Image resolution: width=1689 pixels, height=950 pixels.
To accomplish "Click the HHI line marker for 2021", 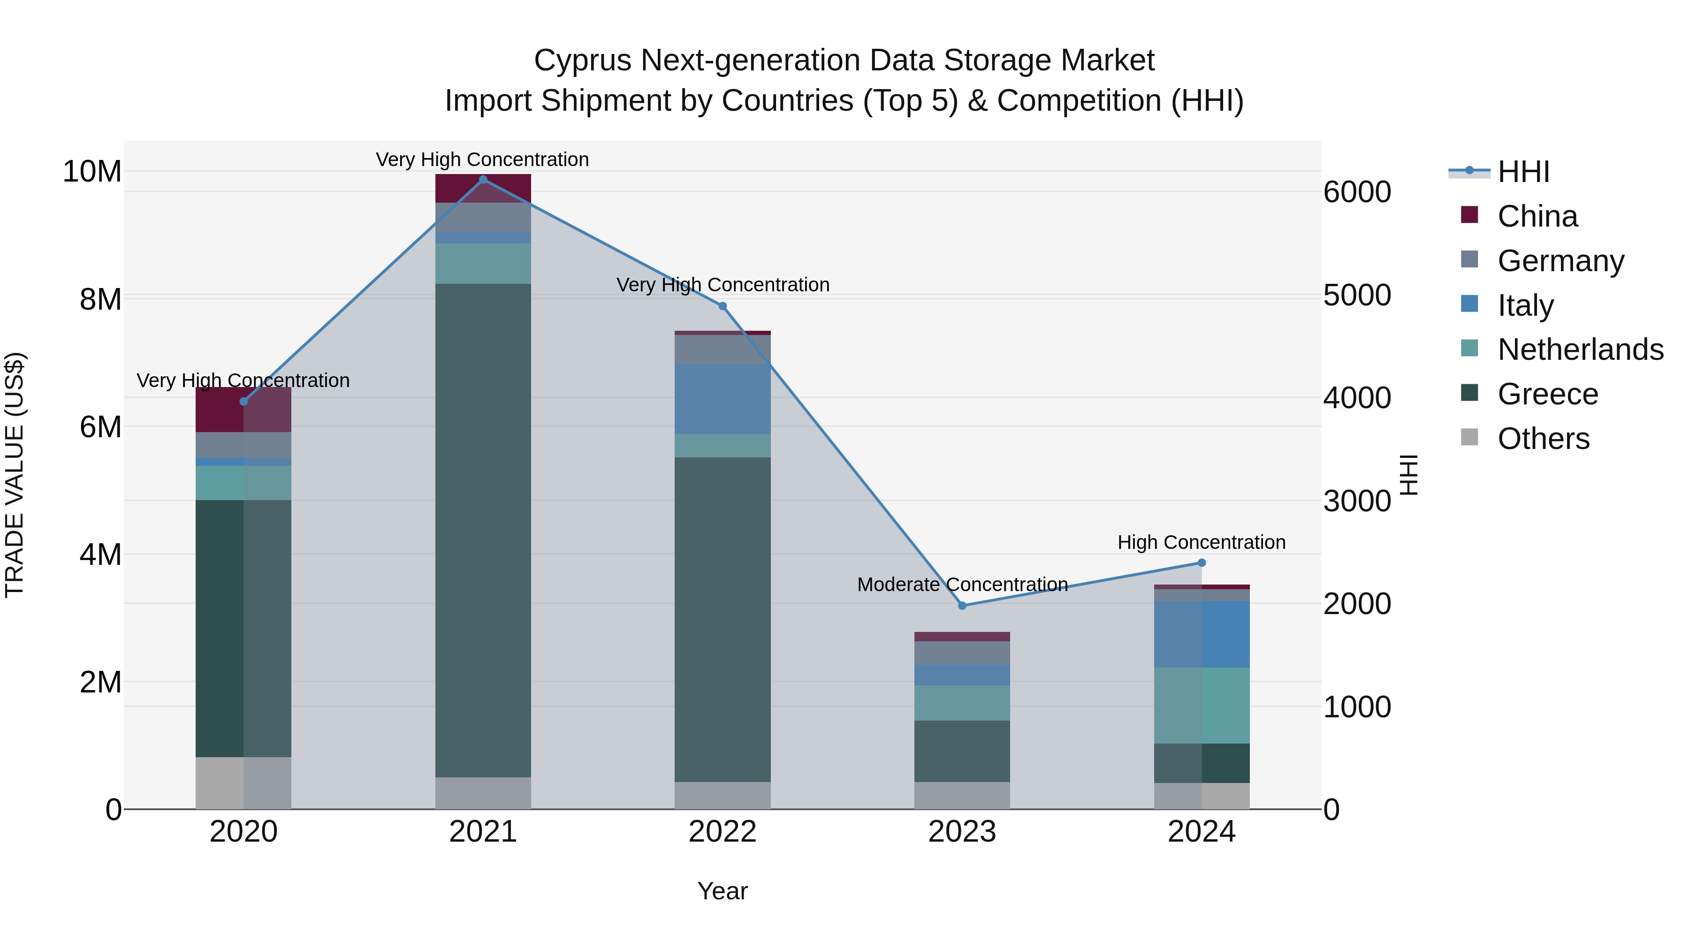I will [x=483, y=180].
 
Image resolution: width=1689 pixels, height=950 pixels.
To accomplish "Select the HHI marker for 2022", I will [x=723, y=306].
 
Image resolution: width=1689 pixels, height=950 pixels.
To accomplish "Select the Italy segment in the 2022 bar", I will [x=723, y=399].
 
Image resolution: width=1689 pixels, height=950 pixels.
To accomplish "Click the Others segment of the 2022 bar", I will [x=723, y=795].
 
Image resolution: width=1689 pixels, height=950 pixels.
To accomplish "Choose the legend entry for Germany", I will [x=1560, y=261].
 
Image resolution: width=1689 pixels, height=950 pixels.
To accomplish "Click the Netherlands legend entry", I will [x=1580, y=350].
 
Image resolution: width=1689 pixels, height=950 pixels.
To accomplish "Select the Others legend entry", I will [x=1544, y=439].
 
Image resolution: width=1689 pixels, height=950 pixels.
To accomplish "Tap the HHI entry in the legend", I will [x=1523, y=172].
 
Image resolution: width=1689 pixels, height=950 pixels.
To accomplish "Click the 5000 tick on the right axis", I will [x=1356, y=295].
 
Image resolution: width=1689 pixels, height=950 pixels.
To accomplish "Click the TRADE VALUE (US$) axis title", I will [x=15, y=475].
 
